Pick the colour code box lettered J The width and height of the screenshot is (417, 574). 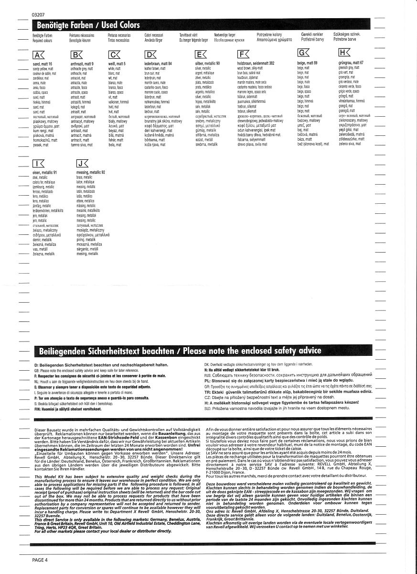[x=83, y=163]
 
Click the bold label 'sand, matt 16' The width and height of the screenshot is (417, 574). [x=43, y=64]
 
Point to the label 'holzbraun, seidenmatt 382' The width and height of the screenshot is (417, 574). [x=256, y=64]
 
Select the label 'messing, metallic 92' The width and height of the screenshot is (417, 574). [x=91, y=172]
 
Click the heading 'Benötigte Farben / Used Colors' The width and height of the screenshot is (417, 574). [x=86, y=25]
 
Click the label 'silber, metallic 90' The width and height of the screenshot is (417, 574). [x=207, y=64]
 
